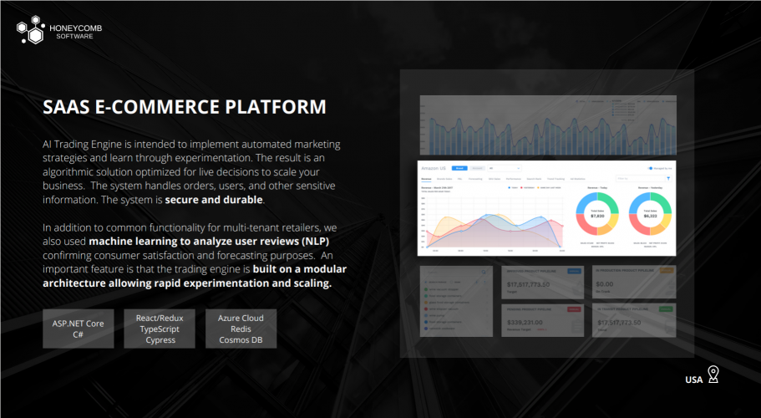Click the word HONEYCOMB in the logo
(x=77, y=28)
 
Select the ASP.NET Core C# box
(x=78, y=329)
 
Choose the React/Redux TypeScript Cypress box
(x=160, y=329)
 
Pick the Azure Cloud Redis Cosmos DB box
(x=241, y=329)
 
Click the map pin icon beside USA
(x=713, y=374)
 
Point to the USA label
(x=693, y=380)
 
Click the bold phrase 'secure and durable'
(x=215, y=200)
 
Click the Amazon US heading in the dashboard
(x=436, y=168)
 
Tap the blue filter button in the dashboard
(x=668, y=178)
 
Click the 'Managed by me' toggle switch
(x=651, y=168)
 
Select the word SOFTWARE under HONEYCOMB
(x=74, y=37)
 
